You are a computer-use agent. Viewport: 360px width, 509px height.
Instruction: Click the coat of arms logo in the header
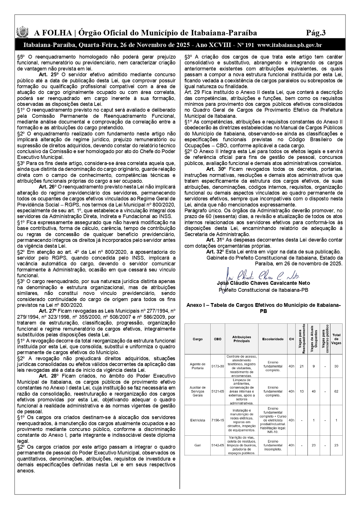[22, 32]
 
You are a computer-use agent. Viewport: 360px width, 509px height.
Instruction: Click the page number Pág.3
[316, 33]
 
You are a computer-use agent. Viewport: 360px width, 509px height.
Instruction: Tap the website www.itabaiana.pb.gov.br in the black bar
[289, 45]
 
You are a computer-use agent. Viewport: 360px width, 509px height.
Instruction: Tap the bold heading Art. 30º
[215, 169]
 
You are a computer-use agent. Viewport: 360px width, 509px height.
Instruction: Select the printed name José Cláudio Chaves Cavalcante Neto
[263, 283]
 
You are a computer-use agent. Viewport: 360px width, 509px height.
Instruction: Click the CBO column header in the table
[218, 339]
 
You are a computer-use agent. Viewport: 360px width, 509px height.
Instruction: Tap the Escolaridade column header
[273, 339]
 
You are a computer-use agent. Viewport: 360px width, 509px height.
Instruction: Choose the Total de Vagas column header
[336, 339]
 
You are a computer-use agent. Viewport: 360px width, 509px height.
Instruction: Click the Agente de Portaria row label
[198, 366]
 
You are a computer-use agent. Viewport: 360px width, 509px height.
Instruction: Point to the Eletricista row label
[198, 420]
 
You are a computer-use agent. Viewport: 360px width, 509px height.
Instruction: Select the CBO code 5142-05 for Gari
[218, 445]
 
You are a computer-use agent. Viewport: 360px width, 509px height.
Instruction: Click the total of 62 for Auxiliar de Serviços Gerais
[336, 392]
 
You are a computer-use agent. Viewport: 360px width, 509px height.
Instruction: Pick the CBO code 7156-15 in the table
[218, 420]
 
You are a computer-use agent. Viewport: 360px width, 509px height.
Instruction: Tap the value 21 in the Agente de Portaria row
[302, 366]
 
